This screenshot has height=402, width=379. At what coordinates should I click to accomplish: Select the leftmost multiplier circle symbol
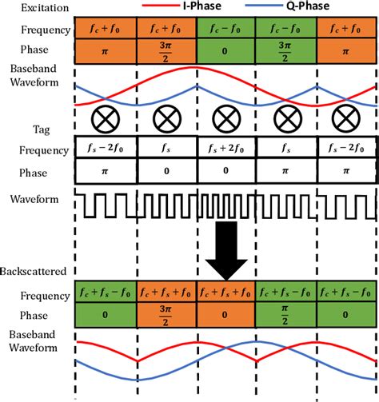click(x=106, y=121)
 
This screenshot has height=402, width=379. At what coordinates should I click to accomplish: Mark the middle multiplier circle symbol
click(x=227, y=121)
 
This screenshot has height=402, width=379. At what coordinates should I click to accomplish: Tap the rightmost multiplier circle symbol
click(x=348, y=121)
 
